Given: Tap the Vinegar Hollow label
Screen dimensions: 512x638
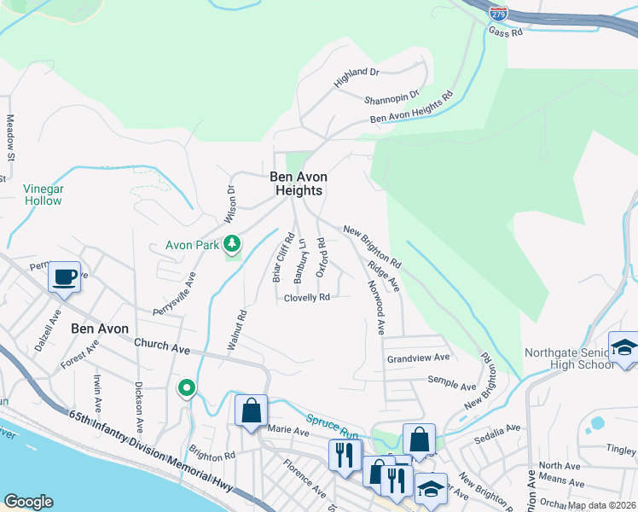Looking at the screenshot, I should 42,195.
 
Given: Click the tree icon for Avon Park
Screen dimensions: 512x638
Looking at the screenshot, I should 231,246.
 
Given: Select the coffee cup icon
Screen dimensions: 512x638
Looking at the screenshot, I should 65,277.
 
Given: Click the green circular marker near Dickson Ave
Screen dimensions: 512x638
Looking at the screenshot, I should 187,389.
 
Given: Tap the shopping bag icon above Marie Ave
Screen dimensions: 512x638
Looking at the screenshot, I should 252,410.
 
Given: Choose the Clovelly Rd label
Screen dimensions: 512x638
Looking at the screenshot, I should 306,298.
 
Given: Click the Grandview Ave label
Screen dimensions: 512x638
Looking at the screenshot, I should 418,358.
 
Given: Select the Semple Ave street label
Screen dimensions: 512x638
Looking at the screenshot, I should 451,380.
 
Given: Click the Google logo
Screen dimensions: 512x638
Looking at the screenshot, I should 28,501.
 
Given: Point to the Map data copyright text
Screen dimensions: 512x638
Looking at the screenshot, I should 601,505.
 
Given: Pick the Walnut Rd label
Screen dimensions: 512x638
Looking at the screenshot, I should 236,329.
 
